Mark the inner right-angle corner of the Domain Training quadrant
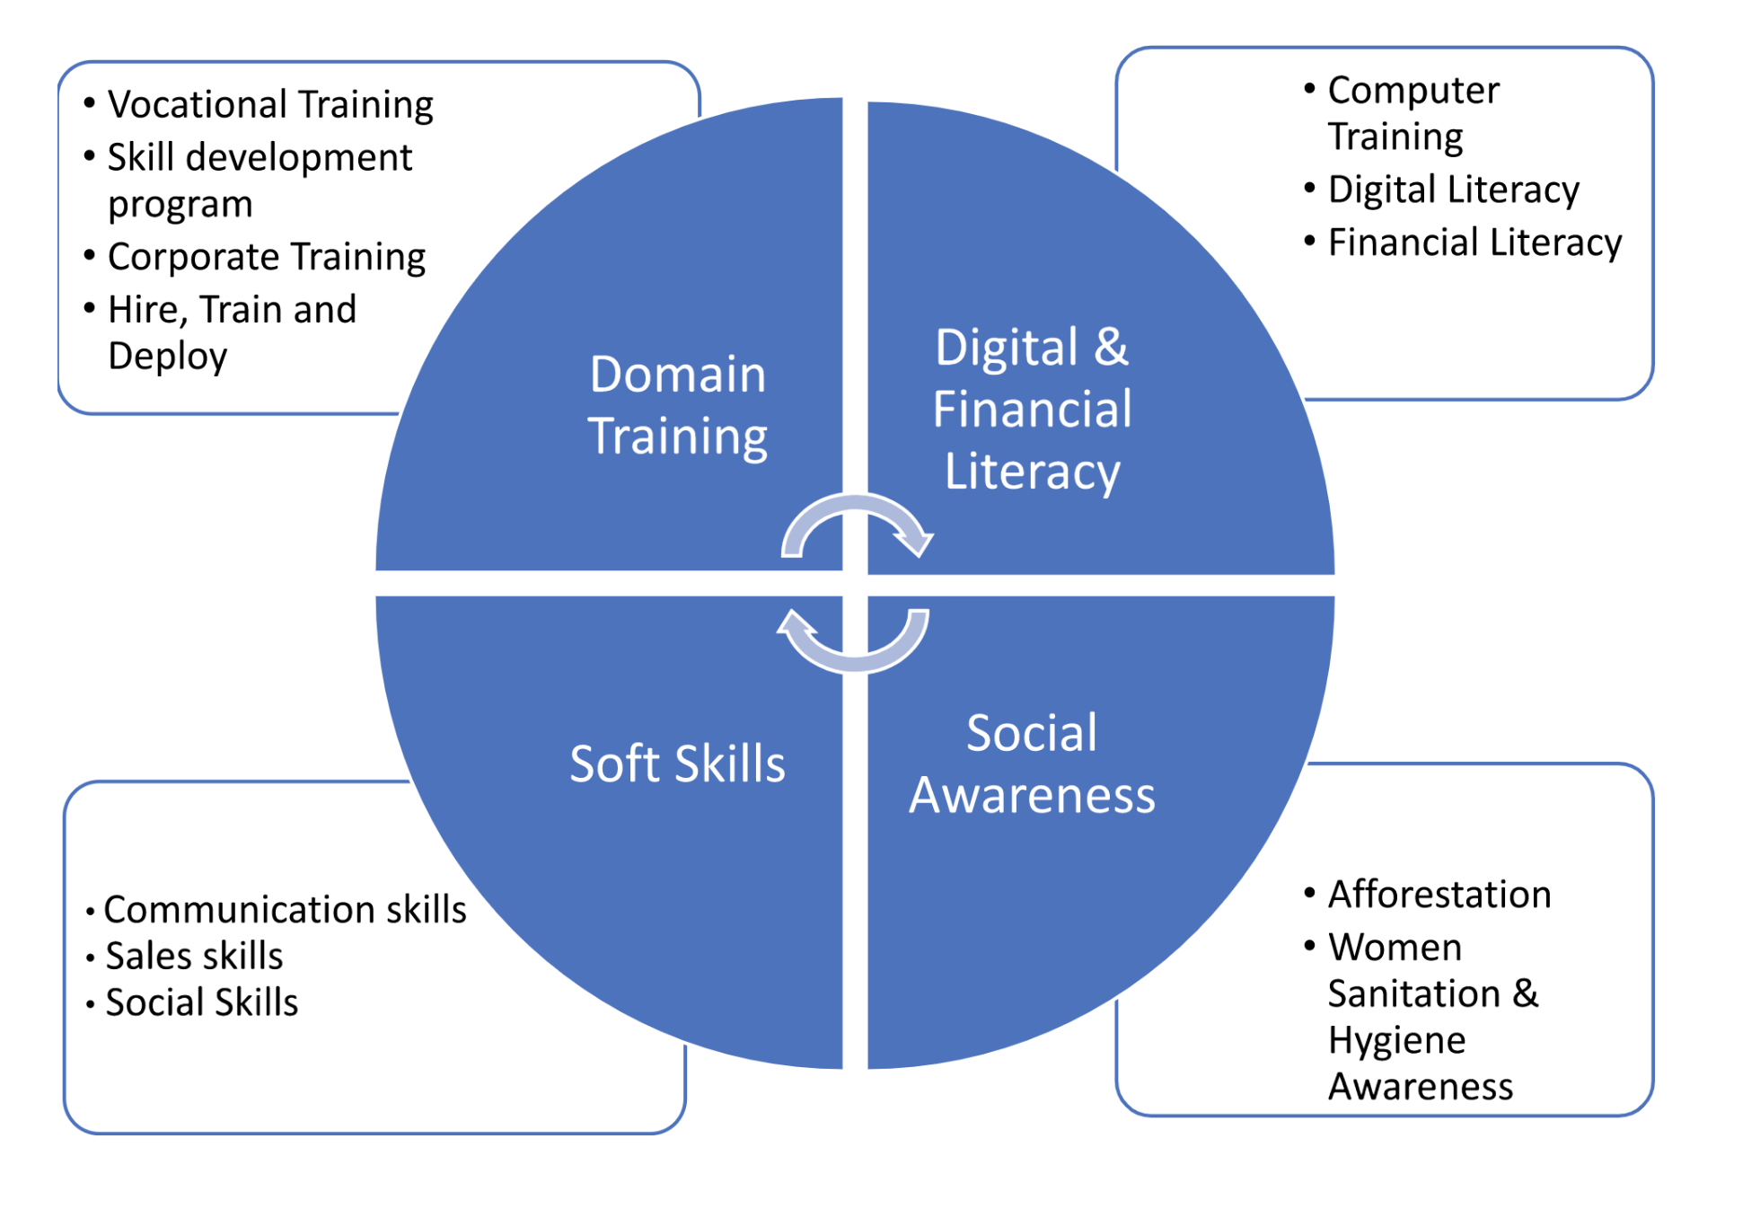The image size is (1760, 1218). (841, 569)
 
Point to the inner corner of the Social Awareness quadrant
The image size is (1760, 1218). (868, 596)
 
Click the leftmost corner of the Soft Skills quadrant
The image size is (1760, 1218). (376, 597)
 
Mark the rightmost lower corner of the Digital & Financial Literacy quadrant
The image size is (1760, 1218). (1334, 573)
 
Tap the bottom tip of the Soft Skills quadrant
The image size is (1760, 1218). (841, 1068)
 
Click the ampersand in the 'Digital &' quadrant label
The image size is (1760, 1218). (1111, 347)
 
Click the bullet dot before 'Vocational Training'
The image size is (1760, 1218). (89, 102)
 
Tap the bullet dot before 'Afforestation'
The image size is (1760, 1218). (1309, 893)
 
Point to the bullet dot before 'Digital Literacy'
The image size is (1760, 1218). (1309, 189)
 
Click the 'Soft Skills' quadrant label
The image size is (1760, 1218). (678, 763)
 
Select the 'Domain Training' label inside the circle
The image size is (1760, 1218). (678, 406)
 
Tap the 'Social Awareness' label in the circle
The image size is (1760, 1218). (1033, 764)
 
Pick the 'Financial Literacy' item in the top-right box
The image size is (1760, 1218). (1474, 243)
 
